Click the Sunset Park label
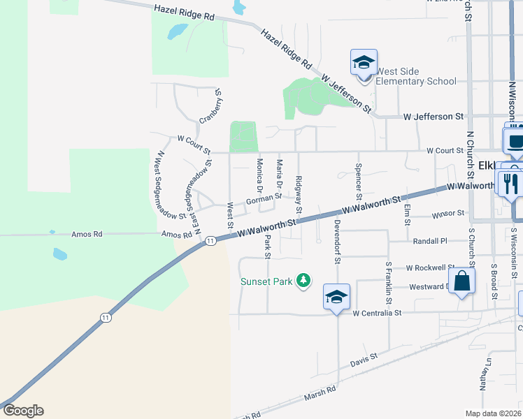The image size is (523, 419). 266,281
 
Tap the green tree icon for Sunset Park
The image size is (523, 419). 303,281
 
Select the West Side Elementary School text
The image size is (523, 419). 416,76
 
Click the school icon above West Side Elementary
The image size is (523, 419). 364,63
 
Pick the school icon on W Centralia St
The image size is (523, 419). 336,297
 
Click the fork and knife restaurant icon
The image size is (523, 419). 510,184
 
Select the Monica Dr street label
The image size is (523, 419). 259,175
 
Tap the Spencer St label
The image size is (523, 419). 359,178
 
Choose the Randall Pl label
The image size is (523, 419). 429,240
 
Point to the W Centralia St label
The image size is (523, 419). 378,314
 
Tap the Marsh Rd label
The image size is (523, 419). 320,395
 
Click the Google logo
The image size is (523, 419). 22,411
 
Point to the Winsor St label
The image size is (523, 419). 448,213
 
